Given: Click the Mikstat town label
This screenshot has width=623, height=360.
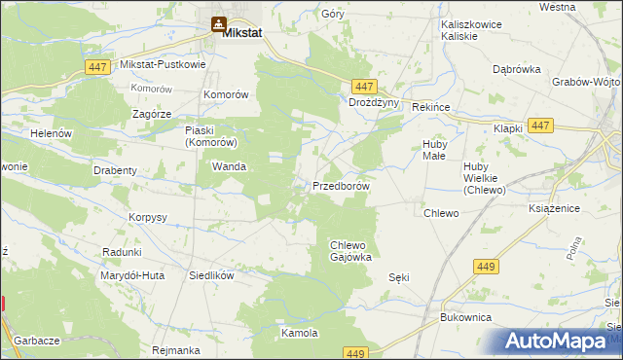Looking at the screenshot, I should coord(242,32).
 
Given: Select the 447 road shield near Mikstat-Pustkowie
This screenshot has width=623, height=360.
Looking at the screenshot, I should coord(95,65).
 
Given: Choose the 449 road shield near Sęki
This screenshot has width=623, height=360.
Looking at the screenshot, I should coord(485,266).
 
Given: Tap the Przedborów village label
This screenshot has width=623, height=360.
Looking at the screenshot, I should coord(341,186).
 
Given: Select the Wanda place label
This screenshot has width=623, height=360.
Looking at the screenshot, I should coord(229,166).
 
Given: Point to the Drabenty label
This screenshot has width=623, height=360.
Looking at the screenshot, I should coord(115,170).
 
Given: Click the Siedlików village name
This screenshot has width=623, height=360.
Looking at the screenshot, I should coord(212,275).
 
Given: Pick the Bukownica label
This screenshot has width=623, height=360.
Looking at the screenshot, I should coord(465,318).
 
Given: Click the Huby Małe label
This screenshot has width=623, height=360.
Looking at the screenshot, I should coord(434,150).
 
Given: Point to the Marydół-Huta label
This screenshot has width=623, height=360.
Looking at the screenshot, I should coord(131,275).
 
